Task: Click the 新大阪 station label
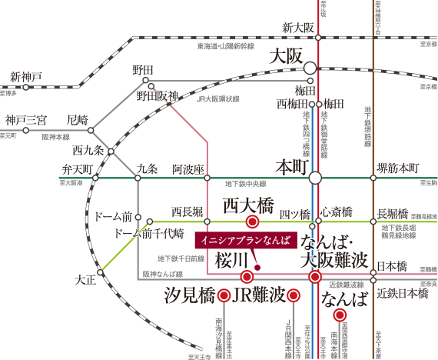299,28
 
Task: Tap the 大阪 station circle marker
310,68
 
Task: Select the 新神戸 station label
26,77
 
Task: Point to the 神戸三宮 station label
26,120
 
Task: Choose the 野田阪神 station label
158,96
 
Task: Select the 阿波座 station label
187,168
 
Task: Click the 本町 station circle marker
315,178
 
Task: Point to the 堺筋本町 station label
399,168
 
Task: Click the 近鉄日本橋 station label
402,294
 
